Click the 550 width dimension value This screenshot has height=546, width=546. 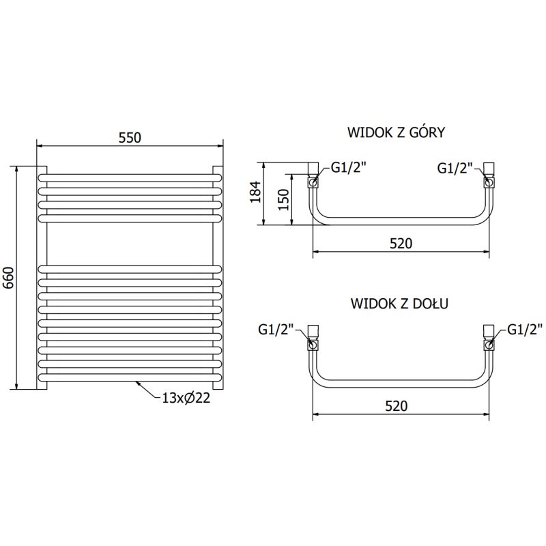(x=130, y=137)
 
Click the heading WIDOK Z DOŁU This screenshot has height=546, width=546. (x=399, y=302)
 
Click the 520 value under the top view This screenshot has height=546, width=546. (x=401, y=243)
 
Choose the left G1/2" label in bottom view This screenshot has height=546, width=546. (x=276, y=330)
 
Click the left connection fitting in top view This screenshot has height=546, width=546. (x=313, y=177)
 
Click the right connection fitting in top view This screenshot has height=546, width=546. (x=489, y=177)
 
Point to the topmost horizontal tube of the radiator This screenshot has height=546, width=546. (x=130, y=174)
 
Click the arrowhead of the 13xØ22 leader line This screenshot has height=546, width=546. (x=139, y=384)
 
